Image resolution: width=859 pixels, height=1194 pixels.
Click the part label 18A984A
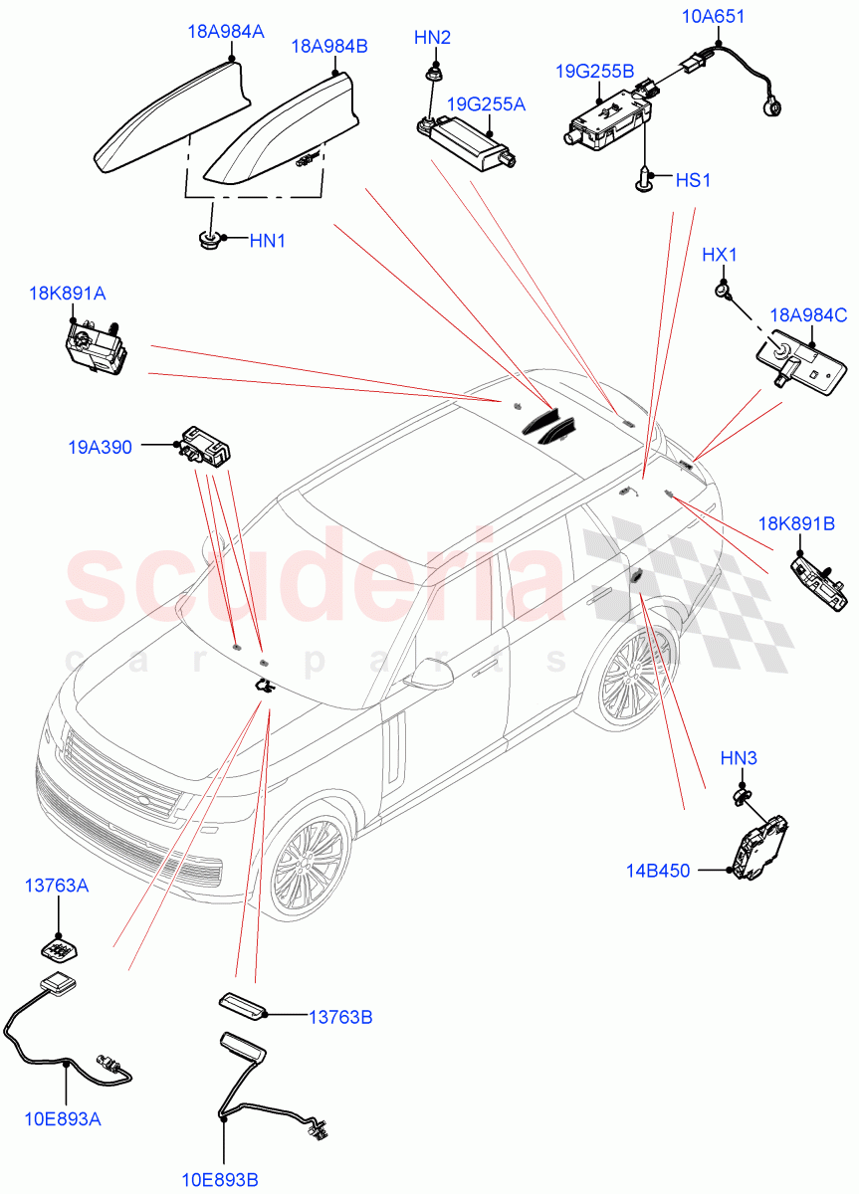(x=225, y=32)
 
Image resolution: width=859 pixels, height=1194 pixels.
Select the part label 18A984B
(x=329, y=47)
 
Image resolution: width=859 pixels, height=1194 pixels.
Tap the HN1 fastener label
(x=268, y=240)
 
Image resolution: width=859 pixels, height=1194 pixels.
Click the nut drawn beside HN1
(x=209, y=239)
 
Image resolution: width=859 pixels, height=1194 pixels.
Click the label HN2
(x=432, y=38)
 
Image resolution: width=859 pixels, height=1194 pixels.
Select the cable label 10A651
(x=714, y=16)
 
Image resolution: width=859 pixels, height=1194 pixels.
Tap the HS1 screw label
(x=693, y=181)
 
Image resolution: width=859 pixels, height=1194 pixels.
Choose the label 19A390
(x=100, y=449)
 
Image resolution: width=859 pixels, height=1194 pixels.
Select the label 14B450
(x=658, y=871)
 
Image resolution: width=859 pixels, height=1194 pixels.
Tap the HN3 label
(x=740, y=759)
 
